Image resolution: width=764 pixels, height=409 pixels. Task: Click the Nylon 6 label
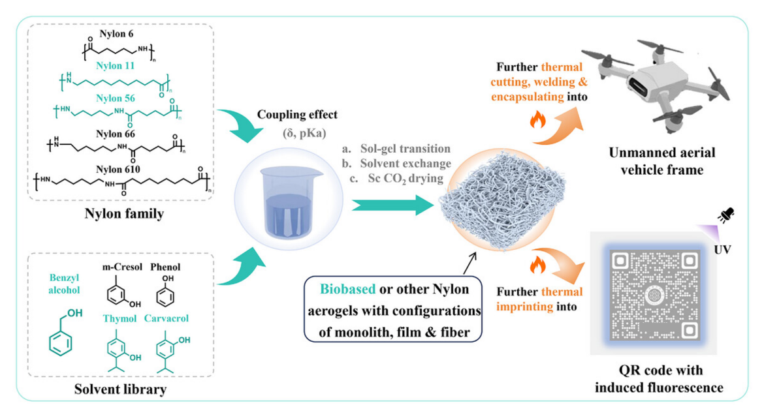(116, 32)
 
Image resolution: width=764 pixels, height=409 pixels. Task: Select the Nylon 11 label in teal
(116, 66)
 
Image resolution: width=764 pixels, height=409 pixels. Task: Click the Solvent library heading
(119, 389)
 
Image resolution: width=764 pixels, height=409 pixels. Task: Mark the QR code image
(654, 294)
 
